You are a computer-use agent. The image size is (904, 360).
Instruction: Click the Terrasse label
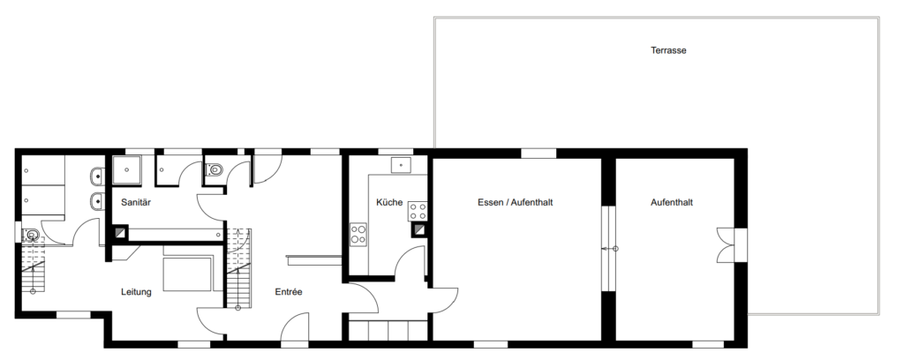668,50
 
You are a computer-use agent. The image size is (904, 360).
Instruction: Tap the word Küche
389,202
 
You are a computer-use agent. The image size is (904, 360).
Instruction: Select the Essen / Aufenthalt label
516,202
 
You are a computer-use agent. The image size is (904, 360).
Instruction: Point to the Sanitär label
136,202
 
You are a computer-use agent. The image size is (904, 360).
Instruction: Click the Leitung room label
136,292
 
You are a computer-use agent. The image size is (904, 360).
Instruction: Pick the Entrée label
289,292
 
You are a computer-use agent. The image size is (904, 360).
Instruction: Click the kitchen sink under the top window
402,165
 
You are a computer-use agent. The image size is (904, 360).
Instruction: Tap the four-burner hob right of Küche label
418,212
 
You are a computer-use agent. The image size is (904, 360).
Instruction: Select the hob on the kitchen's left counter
358,235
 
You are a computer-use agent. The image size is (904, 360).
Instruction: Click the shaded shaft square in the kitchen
418,229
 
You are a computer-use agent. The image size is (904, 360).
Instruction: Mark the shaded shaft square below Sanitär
120,233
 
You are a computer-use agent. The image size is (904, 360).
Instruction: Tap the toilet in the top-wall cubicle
215,170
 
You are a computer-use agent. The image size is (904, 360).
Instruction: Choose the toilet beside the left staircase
31,235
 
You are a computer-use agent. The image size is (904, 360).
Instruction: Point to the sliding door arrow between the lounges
609,249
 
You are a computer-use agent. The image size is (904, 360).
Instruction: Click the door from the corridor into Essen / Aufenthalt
445,299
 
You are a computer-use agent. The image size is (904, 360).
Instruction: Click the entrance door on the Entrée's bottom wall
295,327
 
